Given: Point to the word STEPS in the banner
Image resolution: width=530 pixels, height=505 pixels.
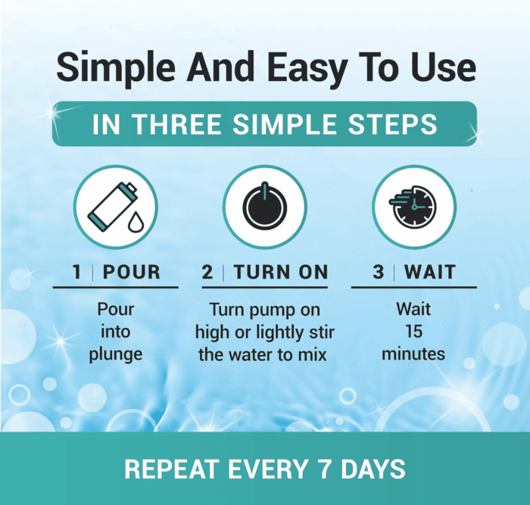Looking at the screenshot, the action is pyautogui.click(x=392, y=124).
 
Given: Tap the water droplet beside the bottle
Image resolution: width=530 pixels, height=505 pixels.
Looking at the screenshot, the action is pyautogui.click(x=136, y=222).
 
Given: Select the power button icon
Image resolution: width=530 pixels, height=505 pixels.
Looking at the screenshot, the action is pyautogui.click(x=265, y=207).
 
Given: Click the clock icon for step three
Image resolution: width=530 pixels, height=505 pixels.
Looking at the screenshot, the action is pyautogui.click(x=413, y=207).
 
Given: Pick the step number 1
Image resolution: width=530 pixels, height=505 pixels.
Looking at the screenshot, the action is pyautogui.click(x=77, y=272).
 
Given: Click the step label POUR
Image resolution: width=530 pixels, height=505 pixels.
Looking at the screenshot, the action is pyautogui.click(x=132, y=272).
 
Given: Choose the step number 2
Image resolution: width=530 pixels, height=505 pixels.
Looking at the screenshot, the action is pyautogui.click(x=207, y=272).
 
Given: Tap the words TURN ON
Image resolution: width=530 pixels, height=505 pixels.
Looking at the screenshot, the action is pyautogui.click(x=281, y=272).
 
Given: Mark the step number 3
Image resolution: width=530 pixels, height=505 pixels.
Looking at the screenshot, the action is pyautogui.click(x=379, y=272).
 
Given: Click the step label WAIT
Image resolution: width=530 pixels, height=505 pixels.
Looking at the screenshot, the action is pyautogui.click(x=430, y=272).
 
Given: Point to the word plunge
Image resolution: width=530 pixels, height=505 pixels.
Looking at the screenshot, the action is pyautogui.click(x=116, y=355).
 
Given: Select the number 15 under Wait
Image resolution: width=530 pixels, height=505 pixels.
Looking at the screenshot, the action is pyautogui.click(x=413, y=332).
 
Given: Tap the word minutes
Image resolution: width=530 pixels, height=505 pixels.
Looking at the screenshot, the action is pyautogui.click(x=413, y=354).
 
